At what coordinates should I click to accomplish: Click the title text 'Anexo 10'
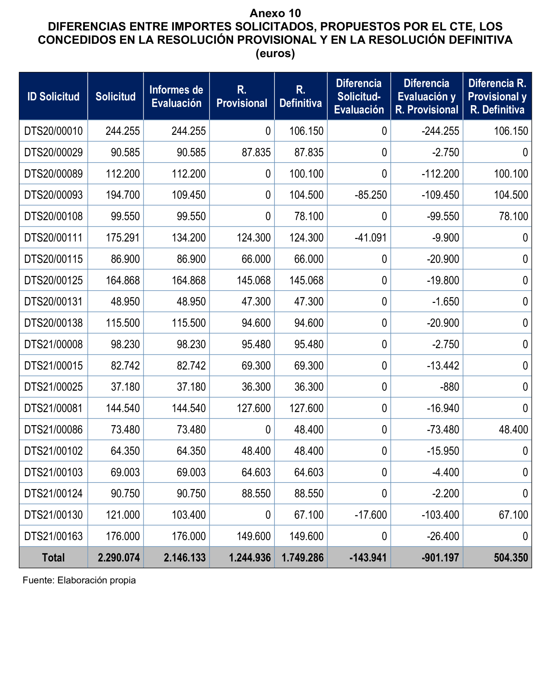275,13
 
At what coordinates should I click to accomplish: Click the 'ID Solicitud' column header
54,97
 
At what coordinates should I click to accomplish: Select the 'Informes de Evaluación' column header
176,97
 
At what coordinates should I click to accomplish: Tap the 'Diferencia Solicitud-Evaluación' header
359,97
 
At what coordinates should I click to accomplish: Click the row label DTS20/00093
54,195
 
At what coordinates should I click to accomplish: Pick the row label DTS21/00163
54,536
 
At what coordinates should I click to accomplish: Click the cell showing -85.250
370,195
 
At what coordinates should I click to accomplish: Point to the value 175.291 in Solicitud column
123,238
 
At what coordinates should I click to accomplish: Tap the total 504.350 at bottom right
511,558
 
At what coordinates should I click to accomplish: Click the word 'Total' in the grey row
54,558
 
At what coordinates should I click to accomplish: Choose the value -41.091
370,238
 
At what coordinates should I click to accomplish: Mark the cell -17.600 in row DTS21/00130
370,515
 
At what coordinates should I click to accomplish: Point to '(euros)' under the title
275,53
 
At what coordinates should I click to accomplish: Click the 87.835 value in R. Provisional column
256,152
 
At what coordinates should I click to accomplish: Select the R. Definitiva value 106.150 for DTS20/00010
306,131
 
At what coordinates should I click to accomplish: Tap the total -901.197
440,558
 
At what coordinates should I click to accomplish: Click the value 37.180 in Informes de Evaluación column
191,387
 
